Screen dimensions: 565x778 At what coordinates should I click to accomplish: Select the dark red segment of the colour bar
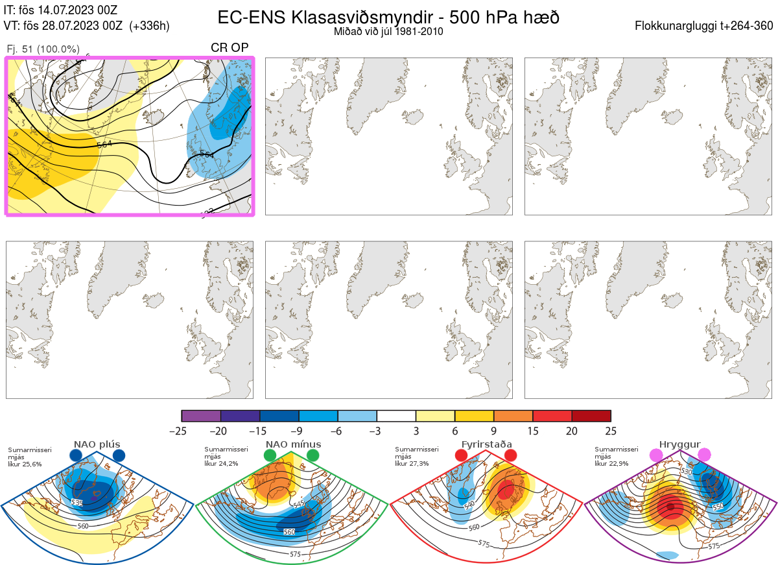point(591,416)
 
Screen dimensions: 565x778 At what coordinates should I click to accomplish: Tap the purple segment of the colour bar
point(202,416)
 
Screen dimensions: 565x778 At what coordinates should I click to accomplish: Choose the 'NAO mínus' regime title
point(293,444)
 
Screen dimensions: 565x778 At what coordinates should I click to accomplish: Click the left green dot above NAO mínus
point(270,456)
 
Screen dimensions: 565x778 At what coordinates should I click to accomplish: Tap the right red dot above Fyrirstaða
point(510,456)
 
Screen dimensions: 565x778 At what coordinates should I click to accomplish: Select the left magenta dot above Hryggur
point(656,456)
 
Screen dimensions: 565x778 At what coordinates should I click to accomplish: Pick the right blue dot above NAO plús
point(119,456)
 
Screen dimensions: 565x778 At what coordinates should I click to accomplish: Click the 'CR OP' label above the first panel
point(229,48)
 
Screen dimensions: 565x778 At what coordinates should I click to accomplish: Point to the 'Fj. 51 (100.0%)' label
point(43,49)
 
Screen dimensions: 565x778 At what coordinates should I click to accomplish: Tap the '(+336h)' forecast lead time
point(150,26)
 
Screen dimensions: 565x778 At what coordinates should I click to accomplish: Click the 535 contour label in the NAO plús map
point(77,503)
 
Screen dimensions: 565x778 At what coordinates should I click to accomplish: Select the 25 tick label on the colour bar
point(610,431)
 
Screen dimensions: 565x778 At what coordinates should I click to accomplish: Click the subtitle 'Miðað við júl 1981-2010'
point(388,31)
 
